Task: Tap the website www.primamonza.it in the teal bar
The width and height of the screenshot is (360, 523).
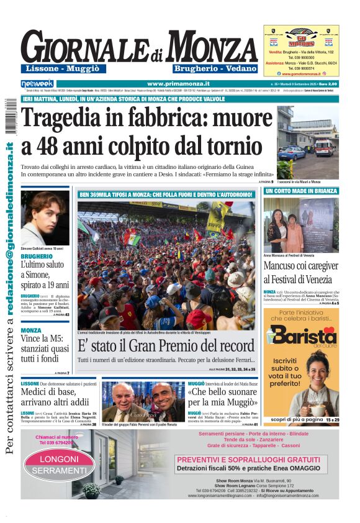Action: click(x=178, y=83)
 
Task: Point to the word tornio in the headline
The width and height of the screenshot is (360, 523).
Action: click(x=236, y=146)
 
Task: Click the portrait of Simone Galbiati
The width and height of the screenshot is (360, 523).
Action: click(x=45, y=217)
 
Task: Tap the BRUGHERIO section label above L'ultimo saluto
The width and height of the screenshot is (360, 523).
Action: click(x=36, y=256)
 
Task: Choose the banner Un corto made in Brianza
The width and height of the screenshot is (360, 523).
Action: click(x=301, y=191)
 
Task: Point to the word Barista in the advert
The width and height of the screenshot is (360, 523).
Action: click(x=302, y=337)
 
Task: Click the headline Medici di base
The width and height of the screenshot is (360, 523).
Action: click(x=48, y=393)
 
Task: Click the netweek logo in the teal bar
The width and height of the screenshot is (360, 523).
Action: click(x=37, y=83)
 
